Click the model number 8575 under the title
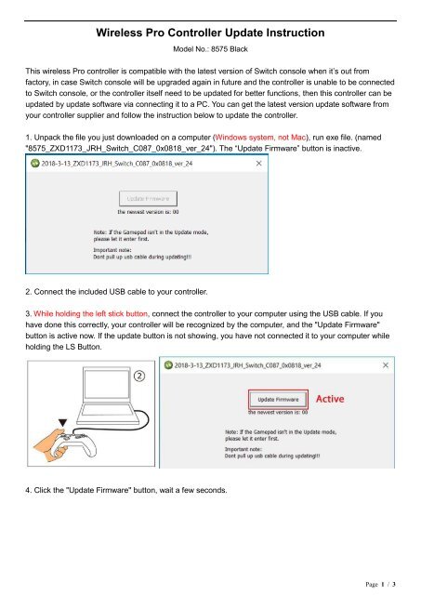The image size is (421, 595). tap(215, 51)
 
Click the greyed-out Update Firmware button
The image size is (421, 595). tap(142, 198)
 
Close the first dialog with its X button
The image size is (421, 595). tap(257, 161)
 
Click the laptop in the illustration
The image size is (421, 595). tap(110, 409)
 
